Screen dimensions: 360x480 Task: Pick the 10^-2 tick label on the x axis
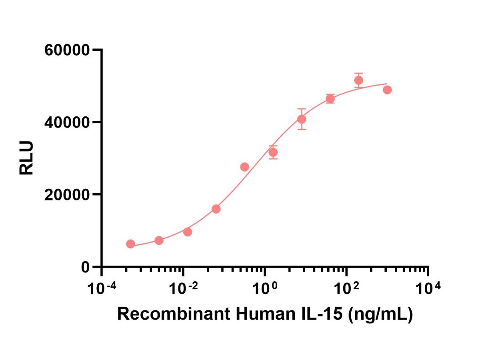tap(183, 288)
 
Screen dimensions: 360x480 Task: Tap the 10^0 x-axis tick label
tap(265, 288)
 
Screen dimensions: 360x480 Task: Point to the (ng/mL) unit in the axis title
tap(380, 315)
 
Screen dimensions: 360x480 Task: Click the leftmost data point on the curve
tap(130, 244)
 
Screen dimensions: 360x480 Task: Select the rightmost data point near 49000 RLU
tap(387, 90)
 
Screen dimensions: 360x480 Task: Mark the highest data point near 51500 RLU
tap(358, 80)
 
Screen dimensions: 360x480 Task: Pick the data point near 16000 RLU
tap(216, 209)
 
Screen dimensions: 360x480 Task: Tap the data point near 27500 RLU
tap(244, 167)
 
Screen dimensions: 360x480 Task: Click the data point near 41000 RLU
tap(302, 119)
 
